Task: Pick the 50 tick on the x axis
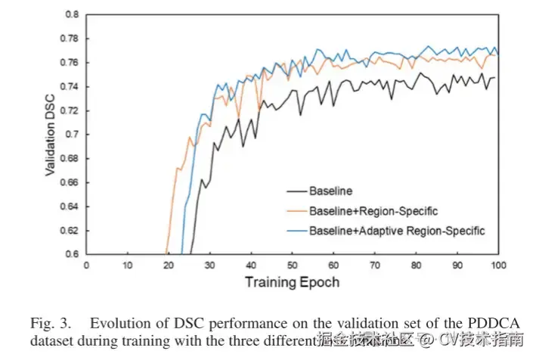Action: (292, 265)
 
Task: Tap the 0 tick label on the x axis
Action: (86, 265)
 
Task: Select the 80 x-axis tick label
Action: (415, 265)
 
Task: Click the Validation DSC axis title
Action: (51, 134)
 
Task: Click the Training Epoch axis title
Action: (292, 282)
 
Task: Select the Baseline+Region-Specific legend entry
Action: (373, 210)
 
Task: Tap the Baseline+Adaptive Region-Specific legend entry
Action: (396, 229)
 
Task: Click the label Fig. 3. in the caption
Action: (47, 323)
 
